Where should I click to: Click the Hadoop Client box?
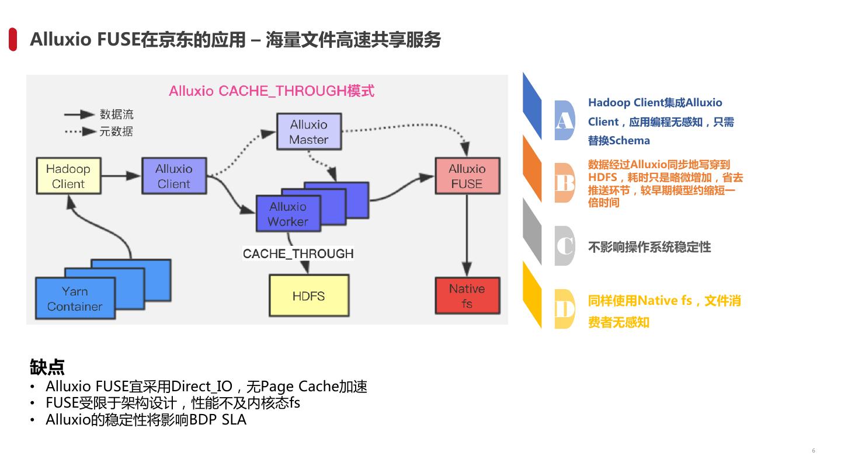tap(68, 176)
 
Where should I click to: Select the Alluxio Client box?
tap(174, 176)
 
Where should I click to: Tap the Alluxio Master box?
tap(308, 132)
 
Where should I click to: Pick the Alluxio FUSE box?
tap(467, 176)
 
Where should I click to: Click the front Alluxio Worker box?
tap(287, 214)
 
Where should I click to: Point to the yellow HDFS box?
tap(308, 295)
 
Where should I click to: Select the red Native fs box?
tap(467, 295)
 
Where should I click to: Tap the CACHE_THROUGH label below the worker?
tap(298, 253)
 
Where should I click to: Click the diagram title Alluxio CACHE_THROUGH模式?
tap(272, 91)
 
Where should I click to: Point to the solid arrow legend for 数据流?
tap(79, 114)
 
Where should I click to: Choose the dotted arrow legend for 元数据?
tap(79, 131)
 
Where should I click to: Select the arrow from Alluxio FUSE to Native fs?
tap(467, 234)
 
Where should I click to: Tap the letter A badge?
tap(564, 120)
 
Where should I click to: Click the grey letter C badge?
tap(564, 246)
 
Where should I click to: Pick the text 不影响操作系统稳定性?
tap(649, 247)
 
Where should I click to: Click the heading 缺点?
tap(47, 367)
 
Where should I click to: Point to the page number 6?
tap(814, 450)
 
